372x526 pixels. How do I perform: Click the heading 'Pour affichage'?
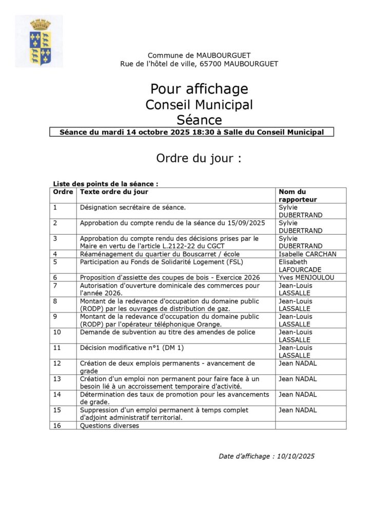click(199, 89)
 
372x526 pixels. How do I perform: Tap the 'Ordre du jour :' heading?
click(199, 158)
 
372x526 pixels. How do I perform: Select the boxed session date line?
click(191, 132)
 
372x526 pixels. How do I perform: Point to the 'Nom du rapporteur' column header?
click(298, 195)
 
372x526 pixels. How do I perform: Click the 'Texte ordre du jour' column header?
click(114, 192)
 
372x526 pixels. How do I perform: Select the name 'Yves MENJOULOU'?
click(306, 277)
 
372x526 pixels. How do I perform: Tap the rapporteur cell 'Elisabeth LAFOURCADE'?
click(300, 266)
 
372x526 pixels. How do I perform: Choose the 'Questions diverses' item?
click(109, 425)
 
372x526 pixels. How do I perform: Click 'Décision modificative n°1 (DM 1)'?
click(132, 348)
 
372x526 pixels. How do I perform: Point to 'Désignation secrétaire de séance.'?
click(133, 208)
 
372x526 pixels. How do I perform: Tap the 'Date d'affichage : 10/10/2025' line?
click(266, 456)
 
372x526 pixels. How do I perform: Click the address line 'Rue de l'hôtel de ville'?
click(199, 64)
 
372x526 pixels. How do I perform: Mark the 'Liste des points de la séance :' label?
click(106, 184)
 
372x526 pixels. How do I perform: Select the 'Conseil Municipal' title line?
click(199, 104)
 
